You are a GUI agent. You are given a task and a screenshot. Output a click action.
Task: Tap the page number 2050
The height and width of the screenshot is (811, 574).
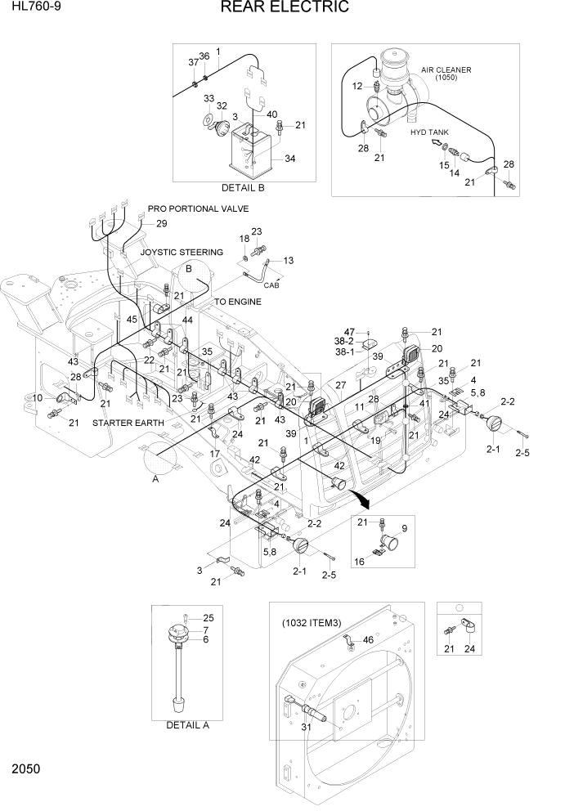pyautogui.click(x=27, y=769)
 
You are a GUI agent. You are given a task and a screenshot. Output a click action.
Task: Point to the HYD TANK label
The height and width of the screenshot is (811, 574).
pyautogui.click(x=430, y=132)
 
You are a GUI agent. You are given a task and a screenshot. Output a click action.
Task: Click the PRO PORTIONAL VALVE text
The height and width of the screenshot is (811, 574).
pyautogui.click(x=198, y=208)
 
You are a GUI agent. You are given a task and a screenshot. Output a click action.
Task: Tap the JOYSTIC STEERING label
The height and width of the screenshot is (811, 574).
pyautogui.click(x=182, y=253)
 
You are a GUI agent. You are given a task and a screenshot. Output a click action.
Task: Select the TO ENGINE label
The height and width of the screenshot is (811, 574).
pyautogui.click(x=238, y=302)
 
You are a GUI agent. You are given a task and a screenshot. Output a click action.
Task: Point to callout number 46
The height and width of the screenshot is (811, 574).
pyautogui.click(x=368, y=641)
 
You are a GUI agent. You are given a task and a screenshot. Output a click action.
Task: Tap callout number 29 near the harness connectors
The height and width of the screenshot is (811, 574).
pyautogui.click(x=161, y=224)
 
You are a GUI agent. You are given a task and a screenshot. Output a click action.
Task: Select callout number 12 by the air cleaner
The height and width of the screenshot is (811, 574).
pyautogui.click(x=357, y=86)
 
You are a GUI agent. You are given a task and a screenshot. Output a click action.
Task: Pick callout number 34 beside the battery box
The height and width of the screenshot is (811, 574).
pyautogui.click(x=289, y=159)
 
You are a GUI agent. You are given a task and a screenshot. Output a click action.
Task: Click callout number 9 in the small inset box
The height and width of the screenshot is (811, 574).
pyautogui.click(x=403, y=528)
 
